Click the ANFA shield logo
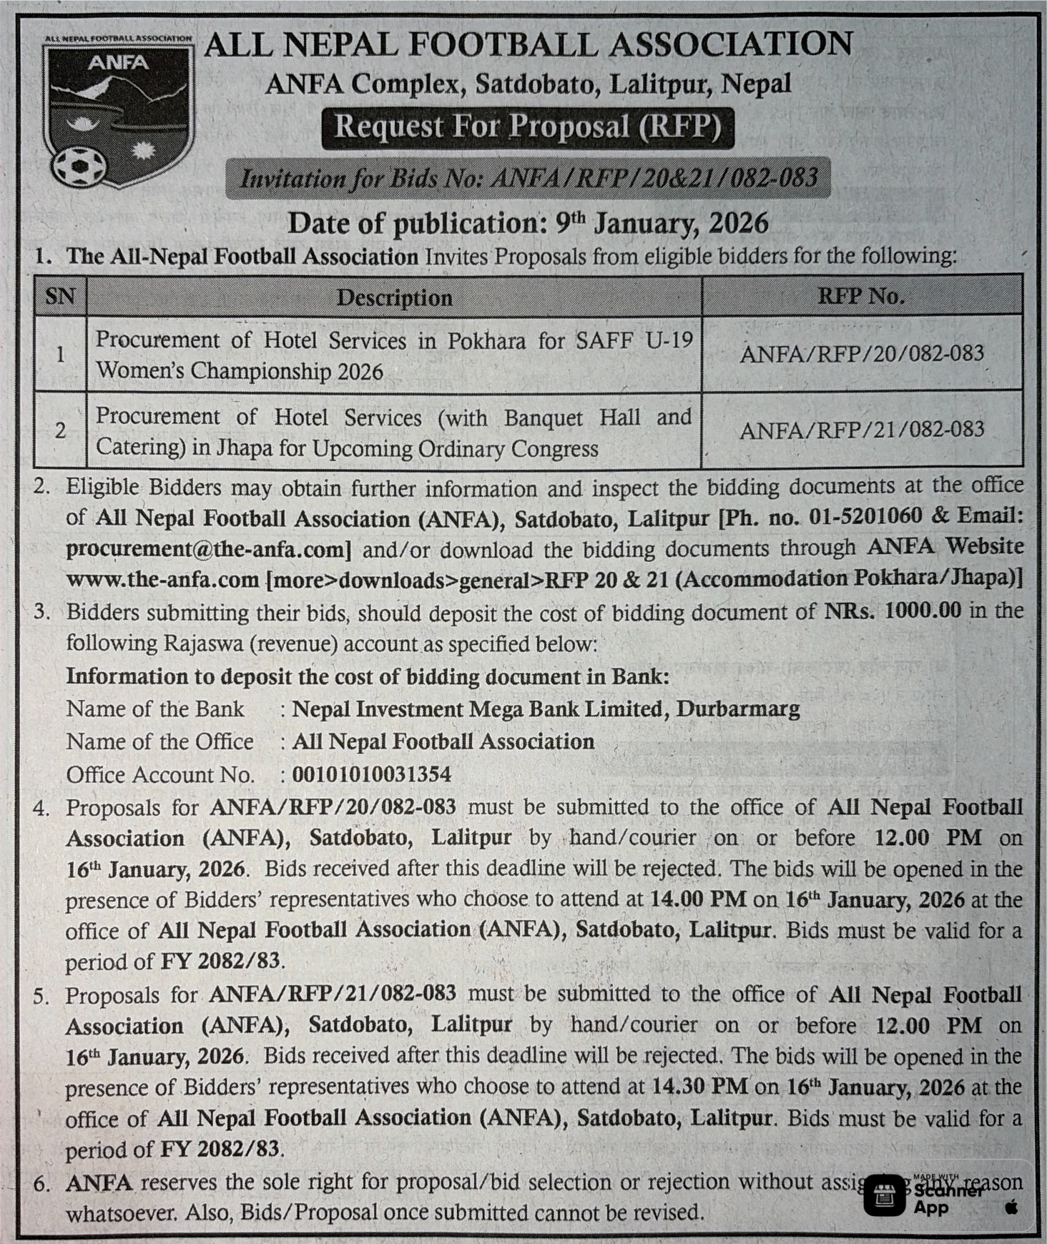tap(117, 111)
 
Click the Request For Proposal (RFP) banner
tap(528, 127)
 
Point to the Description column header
tap(394, 297)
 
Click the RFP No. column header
tap(861, 296)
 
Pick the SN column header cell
tap(60, 296)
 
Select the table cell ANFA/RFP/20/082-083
tap(861, 354)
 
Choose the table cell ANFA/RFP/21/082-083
tap(861, 430)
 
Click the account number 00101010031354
tap(372, 774)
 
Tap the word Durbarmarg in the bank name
tap(738, 709)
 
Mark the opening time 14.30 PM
tap(699, 1087)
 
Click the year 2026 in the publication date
tap(738, 224)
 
